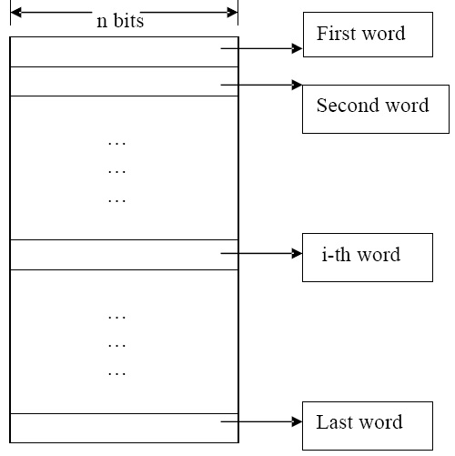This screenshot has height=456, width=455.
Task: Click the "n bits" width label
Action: coord(120,21)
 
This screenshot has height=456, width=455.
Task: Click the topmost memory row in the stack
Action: coord(123,51)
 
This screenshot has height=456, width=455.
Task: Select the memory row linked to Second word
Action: coord(123,81)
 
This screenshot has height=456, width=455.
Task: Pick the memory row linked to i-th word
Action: coord(123,254)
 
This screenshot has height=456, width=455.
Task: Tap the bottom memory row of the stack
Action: coord(123,427)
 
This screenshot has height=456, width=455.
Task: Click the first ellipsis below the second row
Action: coord(116,143)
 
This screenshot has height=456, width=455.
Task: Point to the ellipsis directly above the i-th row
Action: coord(116,198)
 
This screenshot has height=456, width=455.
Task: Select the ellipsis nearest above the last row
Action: coord(116,373)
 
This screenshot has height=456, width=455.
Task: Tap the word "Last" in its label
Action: coord(334,422)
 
